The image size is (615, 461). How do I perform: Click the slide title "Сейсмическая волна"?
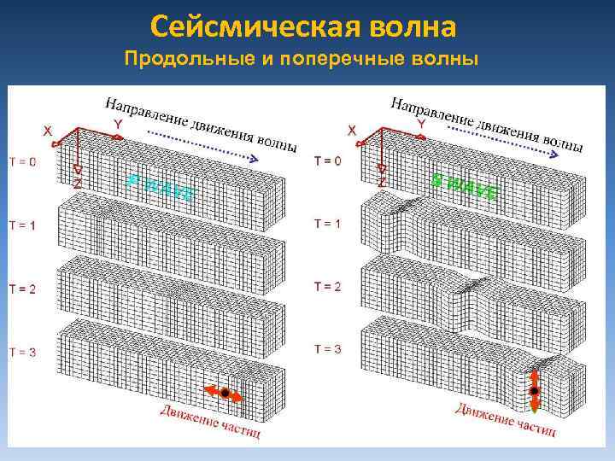[x=303, y=26]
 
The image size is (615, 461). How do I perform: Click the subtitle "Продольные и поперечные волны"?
[x=303, y=60]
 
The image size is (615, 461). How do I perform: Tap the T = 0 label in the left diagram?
[x=22, y=161]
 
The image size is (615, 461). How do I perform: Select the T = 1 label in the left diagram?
[x=22, y=225]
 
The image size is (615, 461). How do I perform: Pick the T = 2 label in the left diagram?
[x=22, y=289]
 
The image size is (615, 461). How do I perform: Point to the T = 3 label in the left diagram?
[x=22, y=351]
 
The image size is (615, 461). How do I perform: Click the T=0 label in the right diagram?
[x=327, y=160]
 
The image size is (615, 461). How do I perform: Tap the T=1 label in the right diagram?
[x=327, y=224]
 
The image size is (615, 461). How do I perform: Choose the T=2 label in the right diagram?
[x=327, y=286]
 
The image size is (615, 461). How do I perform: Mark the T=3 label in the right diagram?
[x=327, y=349]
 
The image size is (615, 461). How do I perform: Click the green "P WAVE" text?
[x=160, y=187]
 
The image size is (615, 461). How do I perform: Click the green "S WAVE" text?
[x=464, y=187]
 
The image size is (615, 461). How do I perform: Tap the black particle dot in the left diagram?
[x=225, y=393]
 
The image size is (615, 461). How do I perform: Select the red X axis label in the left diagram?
[x=48, y=131]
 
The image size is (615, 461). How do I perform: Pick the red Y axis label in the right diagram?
[x=421, y=124]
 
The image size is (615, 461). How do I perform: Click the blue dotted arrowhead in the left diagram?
[x=253, y=159]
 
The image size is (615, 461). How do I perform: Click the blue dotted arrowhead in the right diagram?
[x=556, y=155]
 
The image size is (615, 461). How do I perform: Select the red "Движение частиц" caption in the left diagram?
[x=210, y=420]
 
